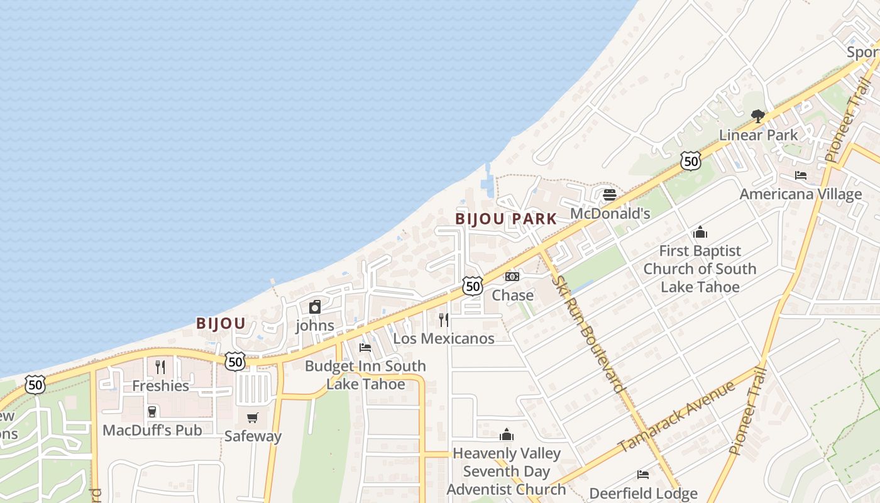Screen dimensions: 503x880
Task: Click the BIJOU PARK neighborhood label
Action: (x=506, y=219)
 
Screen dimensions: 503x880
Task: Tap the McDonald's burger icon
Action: (x=609, y=195)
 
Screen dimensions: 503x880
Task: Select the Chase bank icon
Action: (x=512, y=277)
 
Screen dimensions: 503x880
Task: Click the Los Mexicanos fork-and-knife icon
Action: (x=444, y=319)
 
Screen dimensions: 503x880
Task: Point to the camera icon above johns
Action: (x=315, y=307)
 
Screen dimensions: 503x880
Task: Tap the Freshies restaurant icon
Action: (x=160, y=367)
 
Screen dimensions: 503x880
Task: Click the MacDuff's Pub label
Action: (x=152, y=431)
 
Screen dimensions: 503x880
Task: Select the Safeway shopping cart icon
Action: (x=253, y=417)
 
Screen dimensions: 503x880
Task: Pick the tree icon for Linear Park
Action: (x=758, y=116)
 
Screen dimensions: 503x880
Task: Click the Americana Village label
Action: (x=800, y=194)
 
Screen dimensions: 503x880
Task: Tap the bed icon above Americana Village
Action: (x=800, y=175)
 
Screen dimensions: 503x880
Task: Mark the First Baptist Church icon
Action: (x=700, y=233)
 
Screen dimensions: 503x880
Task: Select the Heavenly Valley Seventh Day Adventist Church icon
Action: (x=507, y=434)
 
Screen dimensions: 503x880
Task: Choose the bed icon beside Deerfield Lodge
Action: (x=643, y=475)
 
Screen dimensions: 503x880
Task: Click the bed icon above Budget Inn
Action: (x=365, y=347)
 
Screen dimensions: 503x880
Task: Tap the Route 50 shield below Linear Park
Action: (x=690, y=161)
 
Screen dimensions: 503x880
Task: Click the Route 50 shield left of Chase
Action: (x=473, y=286)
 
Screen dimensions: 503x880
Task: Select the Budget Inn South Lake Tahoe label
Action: (x=365, y=375)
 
